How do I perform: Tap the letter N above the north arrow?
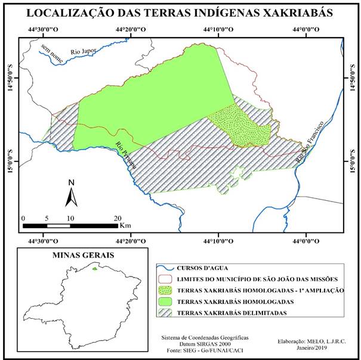[x=71, y=182]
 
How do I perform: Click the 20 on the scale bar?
[x=118, y=218]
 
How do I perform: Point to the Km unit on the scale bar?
[x=125, y=226]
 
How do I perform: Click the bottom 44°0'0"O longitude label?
[x=305, y=241]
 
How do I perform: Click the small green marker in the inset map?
[x=94, y=268]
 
